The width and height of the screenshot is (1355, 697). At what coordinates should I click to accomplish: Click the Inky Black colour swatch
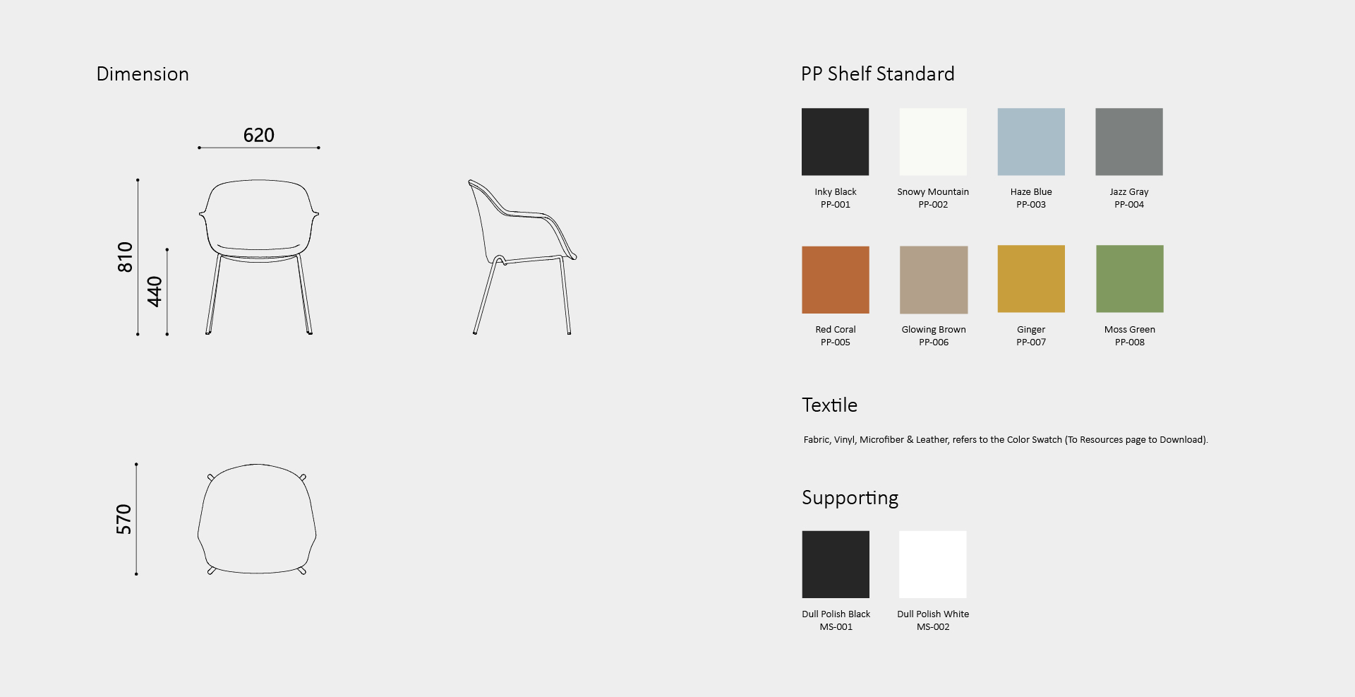click(835, 141)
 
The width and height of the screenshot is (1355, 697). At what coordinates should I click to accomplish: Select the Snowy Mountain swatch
click(933, 141)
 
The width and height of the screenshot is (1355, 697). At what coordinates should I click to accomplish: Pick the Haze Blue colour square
click(1031, 141)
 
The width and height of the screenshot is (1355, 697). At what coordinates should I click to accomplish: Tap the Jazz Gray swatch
click(1129, 141)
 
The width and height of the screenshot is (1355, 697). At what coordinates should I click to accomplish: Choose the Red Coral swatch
click(836, 280)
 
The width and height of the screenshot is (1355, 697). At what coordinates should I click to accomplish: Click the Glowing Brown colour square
click(934, 280)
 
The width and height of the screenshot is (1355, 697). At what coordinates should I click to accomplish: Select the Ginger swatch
click(1031, 279)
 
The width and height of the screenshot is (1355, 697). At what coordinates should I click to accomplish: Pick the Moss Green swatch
click(1130, 279)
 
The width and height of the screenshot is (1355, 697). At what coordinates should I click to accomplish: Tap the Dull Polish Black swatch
click(836, 564)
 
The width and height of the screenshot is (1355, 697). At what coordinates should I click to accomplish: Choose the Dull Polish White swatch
click(933, 564)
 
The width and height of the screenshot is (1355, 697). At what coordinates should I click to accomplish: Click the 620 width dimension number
click(259, 135)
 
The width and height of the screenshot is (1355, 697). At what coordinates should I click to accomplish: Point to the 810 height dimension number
click(125, 257)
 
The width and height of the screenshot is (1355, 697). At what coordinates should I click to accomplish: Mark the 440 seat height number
click(155, 292)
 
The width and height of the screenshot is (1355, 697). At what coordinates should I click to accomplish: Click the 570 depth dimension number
click(124, 519)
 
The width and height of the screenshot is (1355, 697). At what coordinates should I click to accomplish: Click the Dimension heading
click(143, 74)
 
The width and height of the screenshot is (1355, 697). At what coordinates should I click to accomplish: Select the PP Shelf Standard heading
click(878, 74)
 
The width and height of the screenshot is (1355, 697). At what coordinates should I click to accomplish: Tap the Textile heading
click(830, 405)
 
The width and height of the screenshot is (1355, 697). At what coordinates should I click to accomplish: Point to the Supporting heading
click(850, 499)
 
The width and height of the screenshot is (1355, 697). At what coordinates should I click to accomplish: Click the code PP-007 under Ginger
click(1031, 342)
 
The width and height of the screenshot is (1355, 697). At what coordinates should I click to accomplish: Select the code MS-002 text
click(933, 627)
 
